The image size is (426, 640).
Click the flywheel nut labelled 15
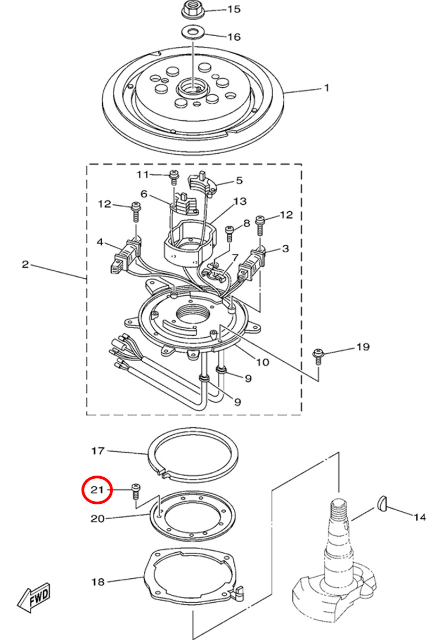[190, 9]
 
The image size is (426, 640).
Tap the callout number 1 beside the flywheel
[327, 88]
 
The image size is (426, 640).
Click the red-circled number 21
[97, 489]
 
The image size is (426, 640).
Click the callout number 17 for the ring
[97, 451]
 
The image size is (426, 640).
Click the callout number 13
[241, 201]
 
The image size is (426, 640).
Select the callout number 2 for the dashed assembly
[25, 264]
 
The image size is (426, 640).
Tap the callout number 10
[263, 362]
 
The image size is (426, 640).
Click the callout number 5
[240, 180]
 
